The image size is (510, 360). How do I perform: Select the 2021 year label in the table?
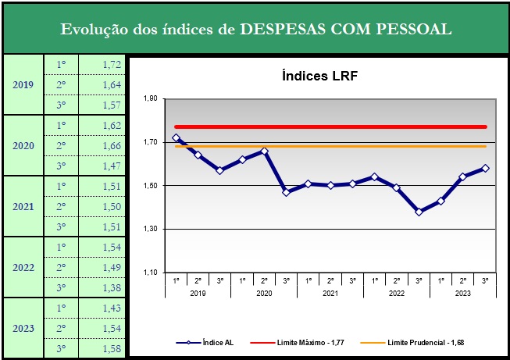[x=23, y=206]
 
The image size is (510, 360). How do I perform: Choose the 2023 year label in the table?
[x=23, y=328]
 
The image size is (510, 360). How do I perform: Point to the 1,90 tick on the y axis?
[x=150, y=99]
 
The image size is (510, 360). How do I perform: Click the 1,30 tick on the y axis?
[x=150, y=229]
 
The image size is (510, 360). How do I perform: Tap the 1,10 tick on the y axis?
[x=150, y=273]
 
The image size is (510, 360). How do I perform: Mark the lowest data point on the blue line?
[x=419, y=212]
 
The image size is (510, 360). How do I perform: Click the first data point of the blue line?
[x=176, y=138]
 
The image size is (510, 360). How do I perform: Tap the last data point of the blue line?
[x=486, y=168]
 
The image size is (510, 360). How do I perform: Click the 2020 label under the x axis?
[x=265, y=292]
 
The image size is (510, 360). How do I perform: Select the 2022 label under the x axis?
[x=397, y=292]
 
